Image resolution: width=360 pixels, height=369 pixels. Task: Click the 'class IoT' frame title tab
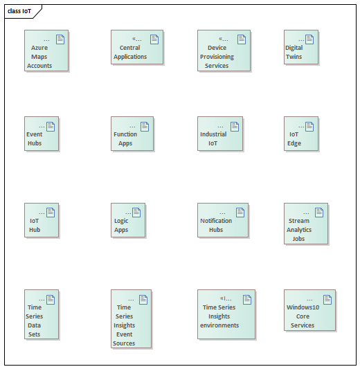click(x=21, y=11)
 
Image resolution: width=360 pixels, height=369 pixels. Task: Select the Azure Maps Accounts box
click(x=46, y=51)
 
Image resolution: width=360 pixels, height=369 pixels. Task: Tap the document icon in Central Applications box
click(x=154, y=39)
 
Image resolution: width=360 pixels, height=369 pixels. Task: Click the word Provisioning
click(x=217, y=57)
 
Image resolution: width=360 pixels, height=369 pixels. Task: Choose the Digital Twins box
click(x=301, y=47)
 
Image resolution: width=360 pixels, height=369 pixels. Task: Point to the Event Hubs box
click(x=42, y=134)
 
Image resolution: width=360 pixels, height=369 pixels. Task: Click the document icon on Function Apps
click(x=145, y=127)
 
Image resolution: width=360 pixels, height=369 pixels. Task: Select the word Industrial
click(x=213, y=134)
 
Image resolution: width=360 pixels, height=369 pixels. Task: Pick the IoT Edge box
click(x=301, y=134)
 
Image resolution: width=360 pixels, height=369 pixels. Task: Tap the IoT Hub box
click(x=42, y=220)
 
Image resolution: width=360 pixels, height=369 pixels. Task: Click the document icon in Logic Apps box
click(x=136, y=213)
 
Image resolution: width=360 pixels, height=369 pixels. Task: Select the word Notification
click(x=216, y=221)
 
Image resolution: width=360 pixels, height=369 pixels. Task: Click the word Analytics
click(x=299, y=230)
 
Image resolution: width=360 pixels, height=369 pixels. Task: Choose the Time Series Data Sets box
click(x=42, y=314)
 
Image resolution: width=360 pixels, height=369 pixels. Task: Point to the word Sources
click(x=124, y=343)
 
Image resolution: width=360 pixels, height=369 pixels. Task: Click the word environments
click(x=219, y=325)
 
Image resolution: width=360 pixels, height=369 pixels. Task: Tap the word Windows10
click(x=303, y=307)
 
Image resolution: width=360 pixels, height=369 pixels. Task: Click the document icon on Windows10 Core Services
click(x=327, y=300)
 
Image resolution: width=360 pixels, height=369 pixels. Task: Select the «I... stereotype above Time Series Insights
click(x=226, y=298)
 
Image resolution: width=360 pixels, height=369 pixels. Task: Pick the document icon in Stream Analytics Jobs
click(x=319, y=213)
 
